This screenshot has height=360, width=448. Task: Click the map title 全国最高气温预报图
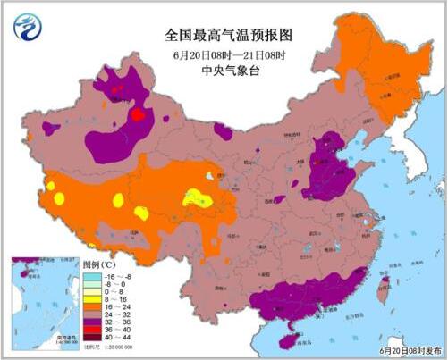click(223, 35)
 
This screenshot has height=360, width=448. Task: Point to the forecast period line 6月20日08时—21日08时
click(223, 54)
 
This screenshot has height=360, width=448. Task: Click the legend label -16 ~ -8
click(117, 276)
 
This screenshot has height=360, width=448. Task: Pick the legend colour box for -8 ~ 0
click(93, 285)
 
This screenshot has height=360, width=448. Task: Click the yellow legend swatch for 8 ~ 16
click(93, 303)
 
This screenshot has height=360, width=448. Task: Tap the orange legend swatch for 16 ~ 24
click(93, 312)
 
